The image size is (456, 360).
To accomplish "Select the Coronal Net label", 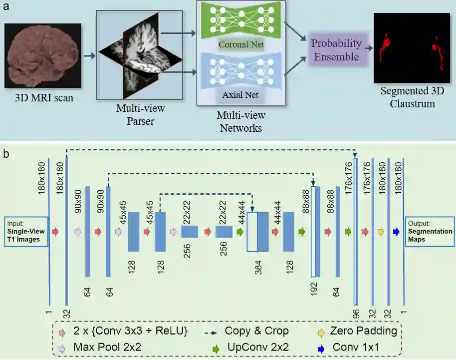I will (240, 45).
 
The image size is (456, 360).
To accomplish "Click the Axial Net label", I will (240, 93).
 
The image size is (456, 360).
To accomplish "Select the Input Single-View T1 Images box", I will (26, 232).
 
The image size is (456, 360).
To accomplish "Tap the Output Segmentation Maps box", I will (430, 232).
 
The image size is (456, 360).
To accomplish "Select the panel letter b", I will (5, 154).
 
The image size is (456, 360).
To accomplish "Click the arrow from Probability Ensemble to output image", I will (369, 49).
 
